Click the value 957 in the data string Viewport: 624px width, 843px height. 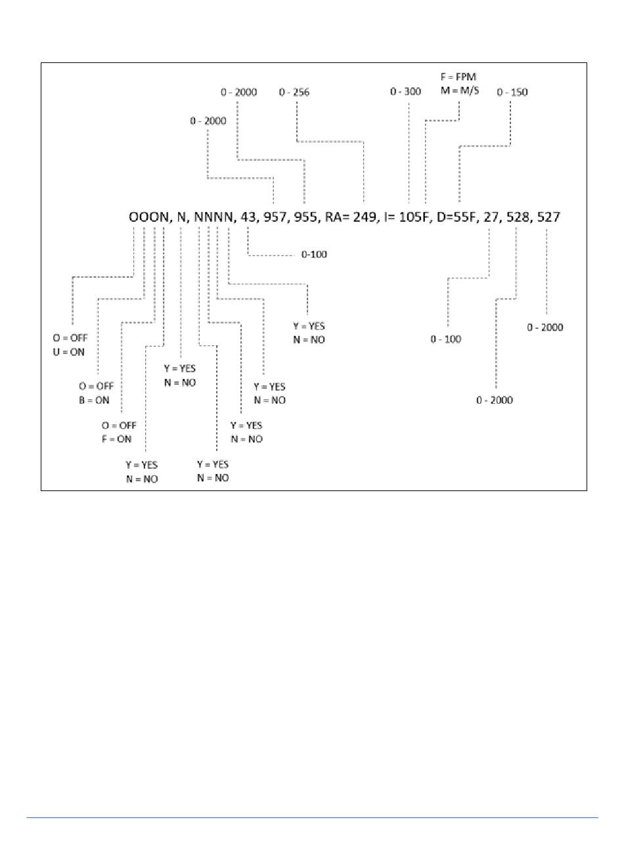point(275,217)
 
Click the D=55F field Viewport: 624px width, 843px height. point(457,217)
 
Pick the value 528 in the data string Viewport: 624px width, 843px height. point(518,217)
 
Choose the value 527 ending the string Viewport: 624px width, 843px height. point(548,217)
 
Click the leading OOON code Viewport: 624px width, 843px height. point(148,217)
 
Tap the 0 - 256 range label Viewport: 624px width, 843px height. point(294,92)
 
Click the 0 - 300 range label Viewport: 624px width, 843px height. point(405,92)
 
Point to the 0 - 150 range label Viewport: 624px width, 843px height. point(512,92)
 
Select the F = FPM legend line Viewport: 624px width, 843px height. point(458,77)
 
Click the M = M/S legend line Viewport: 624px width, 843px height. point(460,91)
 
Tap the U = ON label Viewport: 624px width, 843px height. point(69,352)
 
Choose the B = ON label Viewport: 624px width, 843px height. point(94,400)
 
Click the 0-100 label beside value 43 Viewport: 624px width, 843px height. point(314,254)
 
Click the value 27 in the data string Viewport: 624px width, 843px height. point(490,217)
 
